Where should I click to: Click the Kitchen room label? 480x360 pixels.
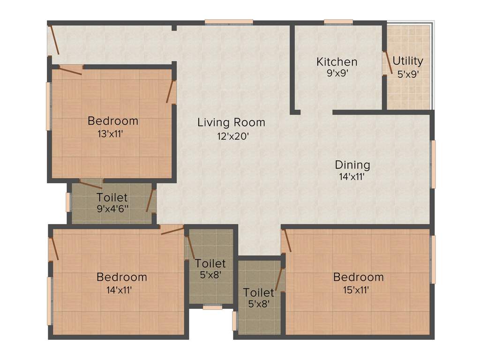click(x=337, y=61)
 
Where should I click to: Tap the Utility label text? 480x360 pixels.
click(x=408, y=60)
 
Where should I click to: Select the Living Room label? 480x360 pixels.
click(x=231, y=122)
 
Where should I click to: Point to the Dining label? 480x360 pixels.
click(x=352, y=165)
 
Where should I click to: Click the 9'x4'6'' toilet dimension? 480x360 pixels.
click(x=112, y=210)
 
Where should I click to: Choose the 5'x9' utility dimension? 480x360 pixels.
click(x=408, y=74)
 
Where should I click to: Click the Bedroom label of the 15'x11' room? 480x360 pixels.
click(x=358, y=277)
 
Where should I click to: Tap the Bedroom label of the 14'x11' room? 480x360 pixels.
click(x=121, y=277)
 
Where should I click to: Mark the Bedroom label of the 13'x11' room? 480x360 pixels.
click(x=113, y=121)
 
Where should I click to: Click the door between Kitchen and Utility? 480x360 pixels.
click(x=388, y=62)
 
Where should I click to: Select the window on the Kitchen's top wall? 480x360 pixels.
click(x=338, y=21)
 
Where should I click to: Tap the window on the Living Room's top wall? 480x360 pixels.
click(x=229, y=21)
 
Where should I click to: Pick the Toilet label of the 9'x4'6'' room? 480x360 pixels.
click(x=112, y=197)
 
